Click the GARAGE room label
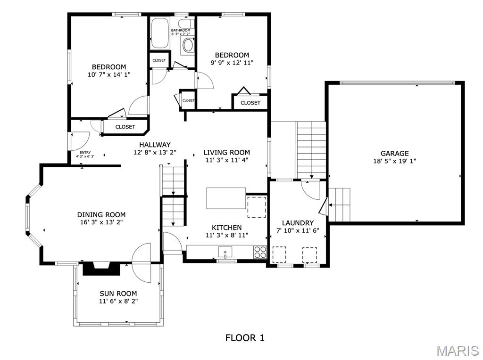(394, 153)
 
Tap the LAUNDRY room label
(298, 223)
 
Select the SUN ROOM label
(118, 293)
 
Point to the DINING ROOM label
(101, 214)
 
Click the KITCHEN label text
(226, 228)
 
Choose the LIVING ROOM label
(226, 152)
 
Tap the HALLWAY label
(155, 145)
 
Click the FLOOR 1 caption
(245, 337)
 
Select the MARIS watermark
(457, 351)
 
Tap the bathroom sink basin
(188, 45)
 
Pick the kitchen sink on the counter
(225, 252)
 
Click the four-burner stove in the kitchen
(260, 252)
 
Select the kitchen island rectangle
(226, 198)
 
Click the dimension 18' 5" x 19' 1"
(394, 161)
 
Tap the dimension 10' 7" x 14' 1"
(109, 74)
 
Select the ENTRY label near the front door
(85, 152)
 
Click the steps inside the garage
(340, 205)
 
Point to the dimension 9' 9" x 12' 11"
(232, 63)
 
